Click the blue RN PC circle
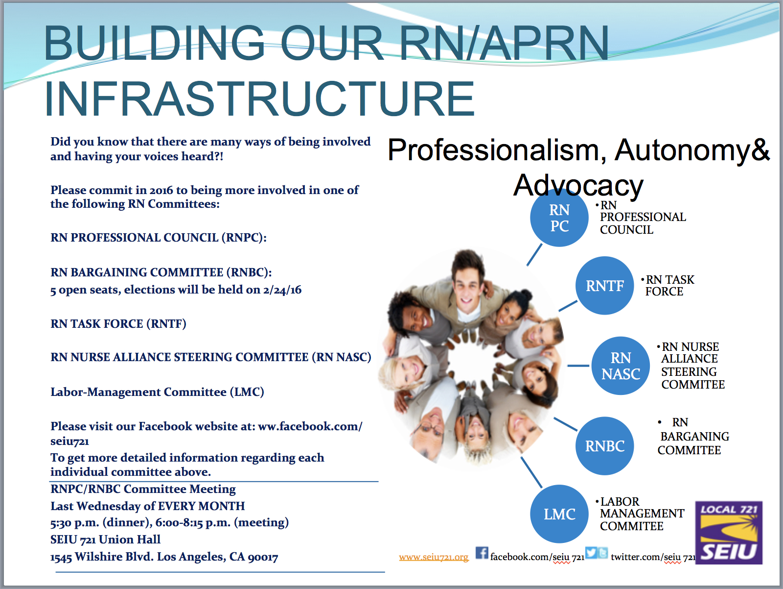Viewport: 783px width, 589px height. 559,218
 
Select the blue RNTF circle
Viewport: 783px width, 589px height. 605,285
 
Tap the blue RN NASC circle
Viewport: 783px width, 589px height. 621,366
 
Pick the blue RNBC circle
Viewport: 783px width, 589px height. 605,446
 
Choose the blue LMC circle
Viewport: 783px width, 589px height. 559,514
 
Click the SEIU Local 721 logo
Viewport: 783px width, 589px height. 729,533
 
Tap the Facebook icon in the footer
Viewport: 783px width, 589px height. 482,553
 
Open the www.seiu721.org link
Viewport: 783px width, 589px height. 434,557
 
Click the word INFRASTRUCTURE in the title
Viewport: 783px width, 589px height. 259,98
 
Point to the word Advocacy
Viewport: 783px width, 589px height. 578,185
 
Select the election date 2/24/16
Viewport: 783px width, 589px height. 282,290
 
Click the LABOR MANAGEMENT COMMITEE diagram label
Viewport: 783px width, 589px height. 640,514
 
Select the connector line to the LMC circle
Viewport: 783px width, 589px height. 531,472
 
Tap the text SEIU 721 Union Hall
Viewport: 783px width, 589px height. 105,540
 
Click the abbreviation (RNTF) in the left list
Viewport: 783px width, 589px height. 166,323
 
